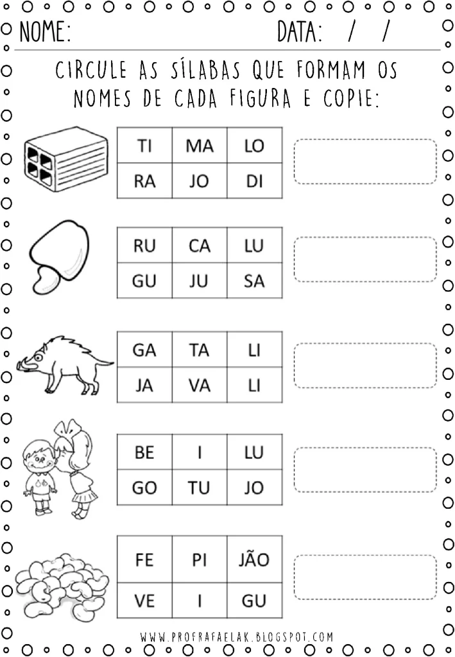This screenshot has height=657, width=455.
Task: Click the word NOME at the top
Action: pyautogui.click(x=44, y=31)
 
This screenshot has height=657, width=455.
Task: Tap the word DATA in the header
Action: pyautogui.click(x=300, y=31)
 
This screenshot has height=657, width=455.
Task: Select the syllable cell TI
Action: pyautogui.click(x=144, y=146)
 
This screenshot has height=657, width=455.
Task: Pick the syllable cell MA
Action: pyautogui.click(x=200, y=146)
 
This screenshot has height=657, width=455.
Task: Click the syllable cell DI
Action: pyautogui.click(x=254, y=182)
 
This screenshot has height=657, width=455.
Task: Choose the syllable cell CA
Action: pyautogui.click(x=200, y=245)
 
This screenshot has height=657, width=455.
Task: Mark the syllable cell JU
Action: pyautogui.click(x=200, y=281)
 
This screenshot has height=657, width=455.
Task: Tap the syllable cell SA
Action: pyautogui.click(x=254, y=281)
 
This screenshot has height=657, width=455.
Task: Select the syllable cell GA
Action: pyautogui.click(x=144, y=350)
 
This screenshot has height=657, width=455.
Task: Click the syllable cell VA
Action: pyautogui.click(x=200, y=385)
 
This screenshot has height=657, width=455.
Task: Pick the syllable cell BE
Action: pyautogui.click(x=144, y=452)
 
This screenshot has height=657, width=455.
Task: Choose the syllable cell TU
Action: pyautogui.click(x=200, y=488)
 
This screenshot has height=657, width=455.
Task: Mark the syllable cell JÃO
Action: pyautogui.click(x=254, y=559)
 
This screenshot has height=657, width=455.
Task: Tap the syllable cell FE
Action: pyautogui.click(x=144, y=559)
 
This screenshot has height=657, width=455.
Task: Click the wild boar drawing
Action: pyautogui.click(x=64, y=363)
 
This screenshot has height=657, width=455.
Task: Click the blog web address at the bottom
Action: pyautogui.click(x=237, y=637)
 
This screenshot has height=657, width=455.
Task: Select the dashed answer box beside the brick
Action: pyautogui.click(x=365, y=161)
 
